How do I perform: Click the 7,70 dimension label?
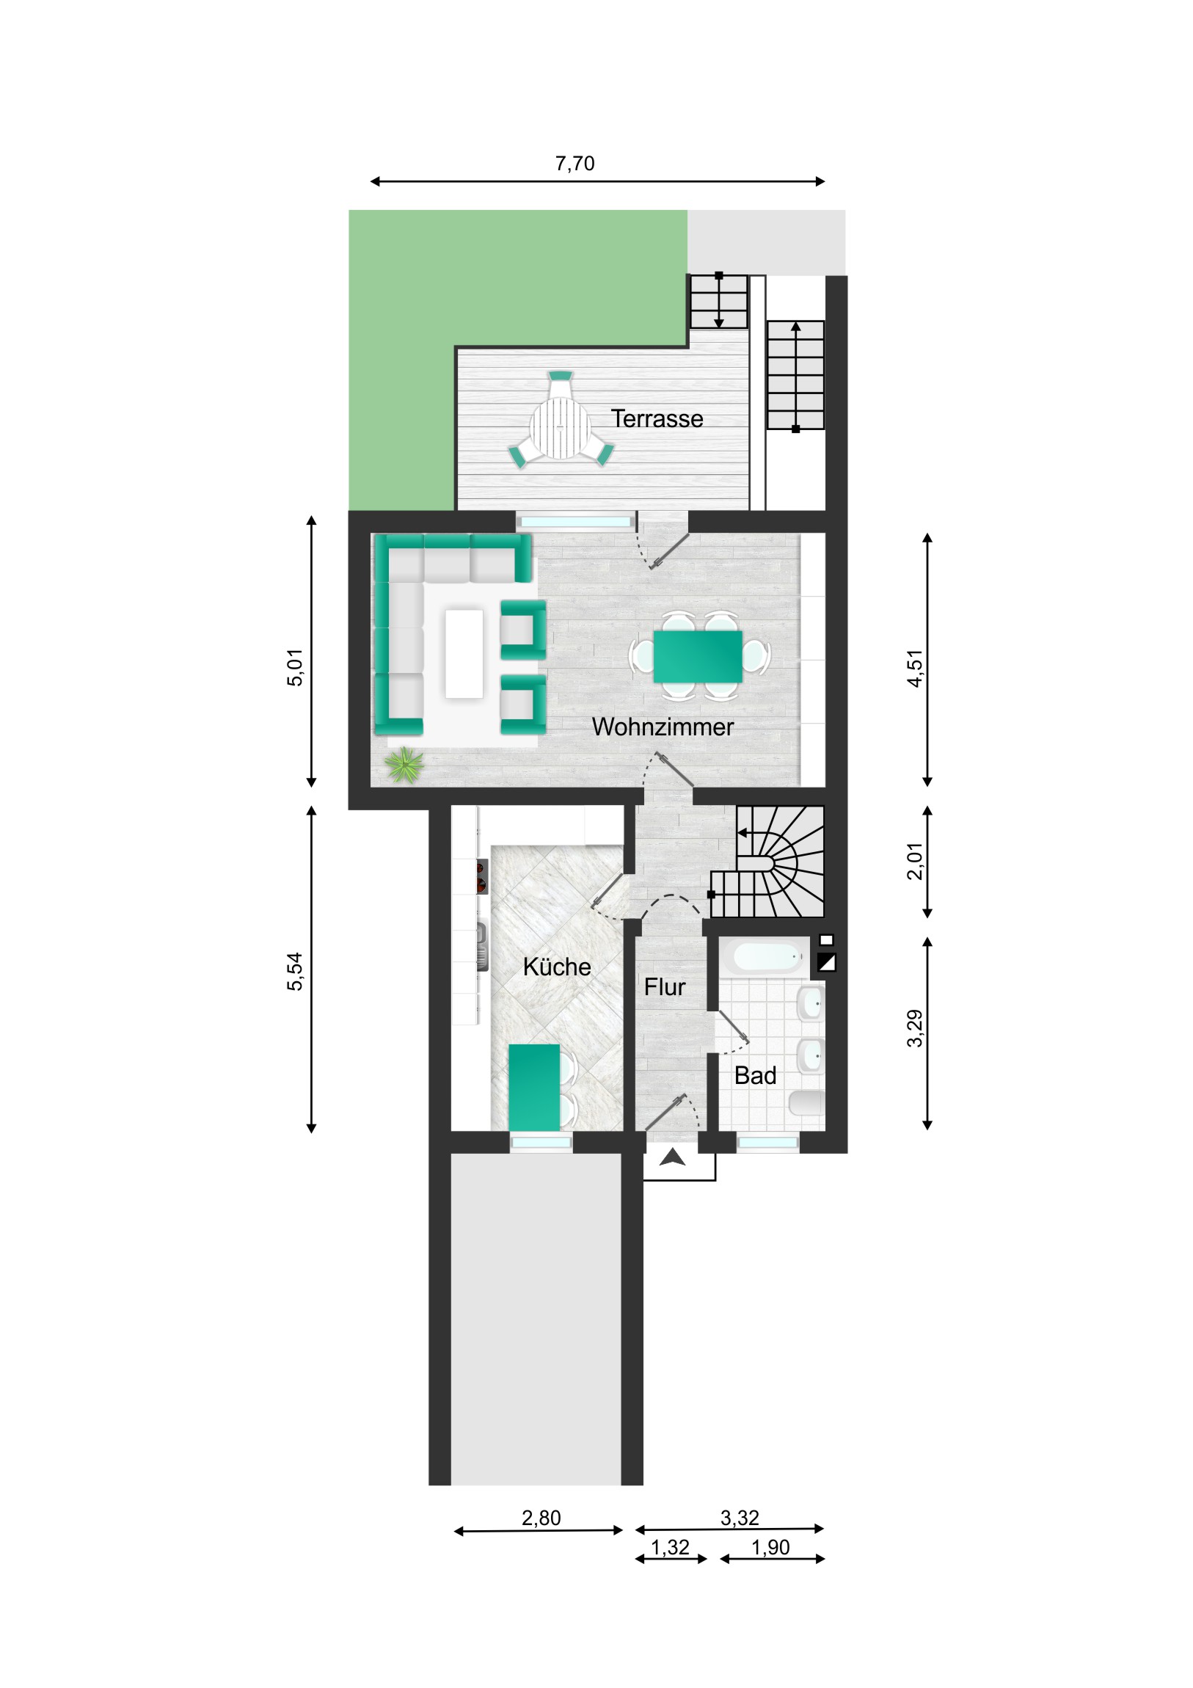pyautogui.click(x=574, y=163)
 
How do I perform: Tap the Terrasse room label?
pyautogui.click(x=657, y=418)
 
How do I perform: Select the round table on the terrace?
pyautogui.click(x=561, y=427)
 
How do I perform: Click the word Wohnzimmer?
pyautogui.click(x=663, y=727)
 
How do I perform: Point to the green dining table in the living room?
pyautogui.click(x=698, y=656)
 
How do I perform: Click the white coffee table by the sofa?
pyautogui.click(x=464, y=653)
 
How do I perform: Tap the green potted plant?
pyautogui.click(x=405, y=765)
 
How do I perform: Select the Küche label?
pyautogui.click(x=556, y=966)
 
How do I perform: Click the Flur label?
pyautogui.click(x=665, y=986)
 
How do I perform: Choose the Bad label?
pyautogui.click(x=755, y=1076)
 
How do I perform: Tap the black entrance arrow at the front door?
pyautogui.click(x=672, y=1158)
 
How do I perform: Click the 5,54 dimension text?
pyautogui.click(x=295, y=971)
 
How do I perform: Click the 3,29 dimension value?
pyautogui.click(x=914, y=1028)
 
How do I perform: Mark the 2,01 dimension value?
pyautogui.click(x=914, y=861)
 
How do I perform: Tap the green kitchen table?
pyautogui.click(x=534, y=1088)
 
